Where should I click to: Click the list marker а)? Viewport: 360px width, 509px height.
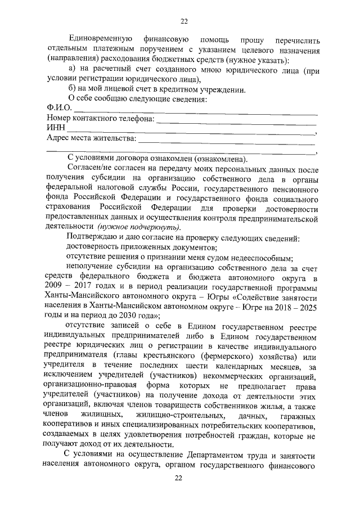click(72, 70)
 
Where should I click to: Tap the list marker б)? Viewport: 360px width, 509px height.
click(72, 89)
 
